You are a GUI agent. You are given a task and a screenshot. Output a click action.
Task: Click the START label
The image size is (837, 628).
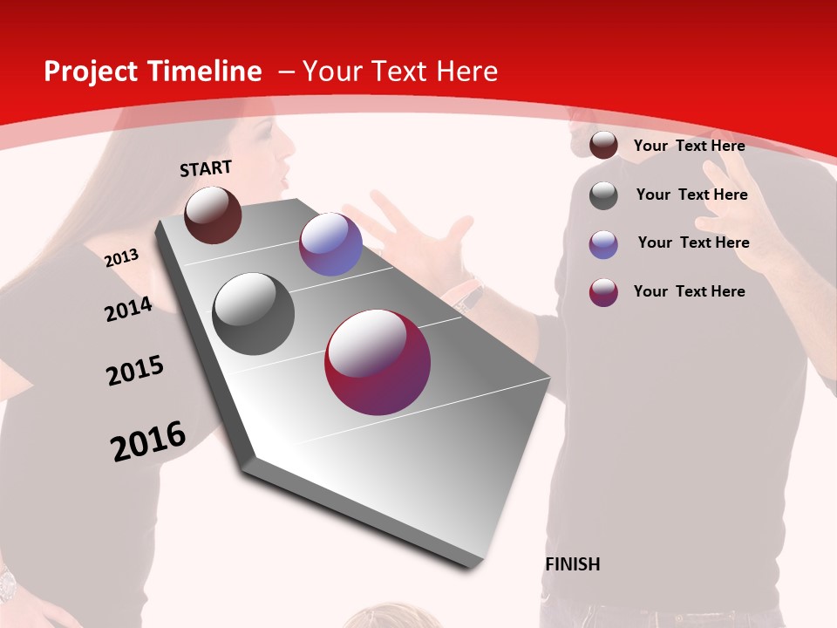point(206,168)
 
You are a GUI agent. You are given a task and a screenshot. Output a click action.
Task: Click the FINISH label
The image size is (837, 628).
point(573,564)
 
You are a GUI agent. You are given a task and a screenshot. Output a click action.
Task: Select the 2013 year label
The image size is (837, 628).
point(121,258)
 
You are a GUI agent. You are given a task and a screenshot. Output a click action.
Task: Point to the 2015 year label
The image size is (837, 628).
point(135,371)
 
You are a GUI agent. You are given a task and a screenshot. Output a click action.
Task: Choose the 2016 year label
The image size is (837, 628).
point(148,441)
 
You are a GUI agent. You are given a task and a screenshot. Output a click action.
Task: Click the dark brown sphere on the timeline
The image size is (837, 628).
point(213,215)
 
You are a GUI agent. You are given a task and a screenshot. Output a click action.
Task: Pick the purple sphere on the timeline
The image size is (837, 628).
point(330,244)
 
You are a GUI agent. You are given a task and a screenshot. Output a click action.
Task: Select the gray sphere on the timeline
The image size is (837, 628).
point(254,314)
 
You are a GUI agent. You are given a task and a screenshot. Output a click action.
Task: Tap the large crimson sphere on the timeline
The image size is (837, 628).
point(378,362)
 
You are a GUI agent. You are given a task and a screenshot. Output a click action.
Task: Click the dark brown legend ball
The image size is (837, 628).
point(603,146)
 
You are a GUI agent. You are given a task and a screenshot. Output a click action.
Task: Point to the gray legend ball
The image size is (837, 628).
point(603,195)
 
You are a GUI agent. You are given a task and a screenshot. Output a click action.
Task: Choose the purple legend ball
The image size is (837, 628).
point(603,244)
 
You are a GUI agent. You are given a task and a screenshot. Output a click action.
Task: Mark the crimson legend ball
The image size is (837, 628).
point(603,292)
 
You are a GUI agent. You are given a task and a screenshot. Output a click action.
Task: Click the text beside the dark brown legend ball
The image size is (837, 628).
point(689,146)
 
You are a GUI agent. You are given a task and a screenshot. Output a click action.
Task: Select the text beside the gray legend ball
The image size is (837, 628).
point(691,195)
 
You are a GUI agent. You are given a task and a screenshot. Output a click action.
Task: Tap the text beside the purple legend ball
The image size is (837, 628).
point(693,242)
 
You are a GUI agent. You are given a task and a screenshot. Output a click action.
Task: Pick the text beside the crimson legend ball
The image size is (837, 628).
point(689,291)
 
